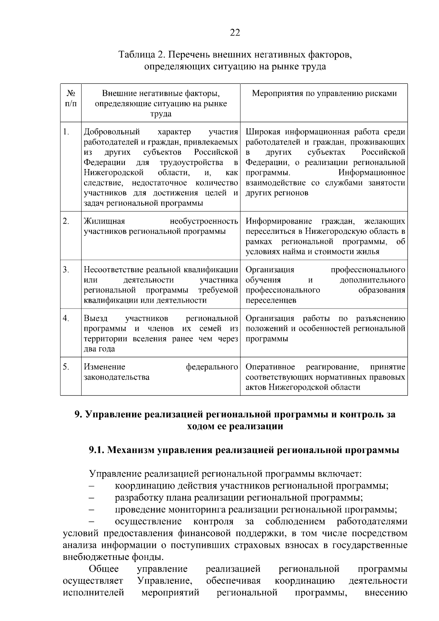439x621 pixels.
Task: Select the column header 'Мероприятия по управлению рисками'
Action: tap(324, 93)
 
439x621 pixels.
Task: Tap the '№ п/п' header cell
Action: tap(71, 98)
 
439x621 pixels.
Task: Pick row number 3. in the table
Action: tap(66, 270)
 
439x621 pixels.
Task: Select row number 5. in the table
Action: tap(66, 367)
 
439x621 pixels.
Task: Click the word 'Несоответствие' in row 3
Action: tap(114, 270)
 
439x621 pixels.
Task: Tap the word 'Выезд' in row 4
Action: tap(95, 318)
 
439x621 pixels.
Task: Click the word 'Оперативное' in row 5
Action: tap(270, 367)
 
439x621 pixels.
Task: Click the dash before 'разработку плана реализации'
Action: tap(92, 498)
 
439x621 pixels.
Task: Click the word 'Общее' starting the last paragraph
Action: tap(104, 569)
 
